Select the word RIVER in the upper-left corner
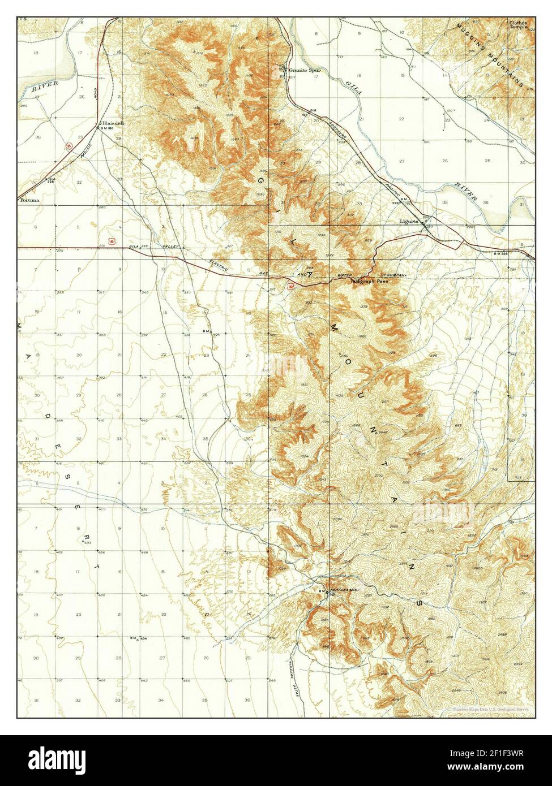[41, 88]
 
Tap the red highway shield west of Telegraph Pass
[291, 287]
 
